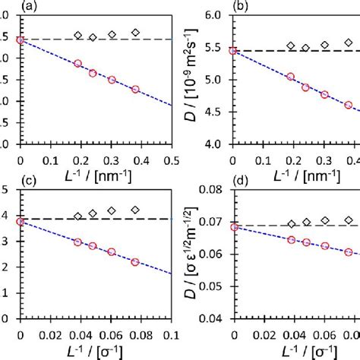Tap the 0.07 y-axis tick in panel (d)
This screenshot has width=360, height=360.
click(213, 221)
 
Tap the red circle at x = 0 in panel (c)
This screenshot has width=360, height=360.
click(20, 222)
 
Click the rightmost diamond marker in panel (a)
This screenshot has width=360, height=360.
click(135, 33)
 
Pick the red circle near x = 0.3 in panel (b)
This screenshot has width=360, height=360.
click(324, 94)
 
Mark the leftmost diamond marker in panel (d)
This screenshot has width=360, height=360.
click(292, 223)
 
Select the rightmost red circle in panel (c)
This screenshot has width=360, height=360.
click(135, 261)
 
